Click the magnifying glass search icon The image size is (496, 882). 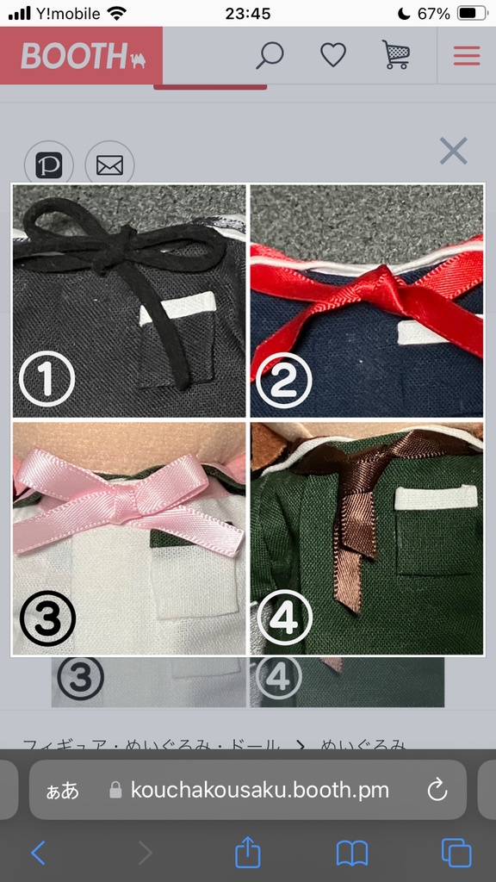tap(270, 55)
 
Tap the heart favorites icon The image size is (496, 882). tap(333, 55)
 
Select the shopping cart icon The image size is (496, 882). tap(396, 55)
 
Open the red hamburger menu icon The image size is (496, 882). tap(467, 55)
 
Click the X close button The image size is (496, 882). tap(453, 152)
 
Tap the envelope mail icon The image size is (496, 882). tap(109, 165)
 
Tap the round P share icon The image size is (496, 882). tap(49, 165)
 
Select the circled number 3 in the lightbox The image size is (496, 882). tap(47, 618)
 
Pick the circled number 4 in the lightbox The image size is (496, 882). tap(280, 618)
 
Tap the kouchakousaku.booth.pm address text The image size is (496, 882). tap(259, 790)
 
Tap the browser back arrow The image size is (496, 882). tap(38, 853)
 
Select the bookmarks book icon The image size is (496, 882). tap(351, 853)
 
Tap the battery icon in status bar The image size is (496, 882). tap(473, 13)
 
